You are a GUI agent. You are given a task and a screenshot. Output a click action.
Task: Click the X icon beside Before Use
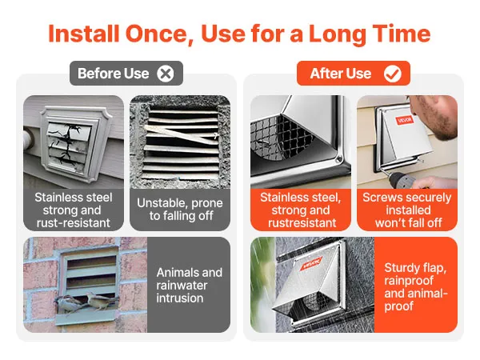[166, 74]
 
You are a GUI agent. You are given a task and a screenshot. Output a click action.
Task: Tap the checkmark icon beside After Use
[393, 74]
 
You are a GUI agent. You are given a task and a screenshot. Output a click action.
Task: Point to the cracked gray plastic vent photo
[74, 142]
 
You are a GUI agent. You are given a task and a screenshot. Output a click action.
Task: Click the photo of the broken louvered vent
[180, 142]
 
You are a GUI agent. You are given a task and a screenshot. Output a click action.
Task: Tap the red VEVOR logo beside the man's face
[405, 120]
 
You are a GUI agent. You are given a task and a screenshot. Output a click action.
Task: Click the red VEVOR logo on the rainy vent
[310, 264]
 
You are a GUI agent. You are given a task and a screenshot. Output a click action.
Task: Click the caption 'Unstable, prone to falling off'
[180, 210]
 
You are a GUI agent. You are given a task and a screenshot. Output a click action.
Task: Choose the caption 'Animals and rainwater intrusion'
[189, 285]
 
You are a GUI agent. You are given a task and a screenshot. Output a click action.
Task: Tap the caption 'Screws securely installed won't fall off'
[407, 210]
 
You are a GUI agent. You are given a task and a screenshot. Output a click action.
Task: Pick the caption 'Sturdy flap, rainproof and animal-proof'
[416, 286]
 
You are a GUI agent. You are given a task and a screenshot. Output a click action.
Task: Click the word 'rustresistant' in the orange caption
[302, 223]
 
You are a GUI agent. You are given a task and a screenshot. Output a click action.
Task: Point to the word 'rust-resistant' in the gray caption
[74, 223]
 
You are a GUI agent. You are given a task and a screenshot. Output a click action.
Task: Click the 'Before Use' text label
[114, 74]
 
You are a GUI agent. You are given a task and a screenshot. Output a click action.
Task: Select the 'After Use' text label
[341, 74]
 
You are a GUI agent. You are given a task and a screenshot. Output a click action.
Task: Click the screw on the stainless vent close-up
[338, 159]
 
